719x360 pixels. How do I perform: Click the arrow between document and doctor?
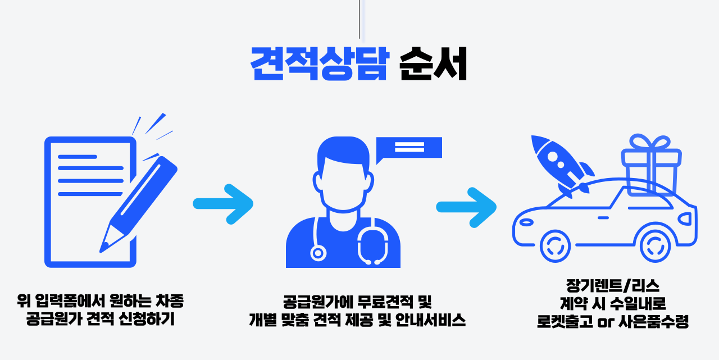tap(223, 203)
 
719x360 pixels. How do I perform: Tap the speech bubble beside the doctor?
tap(409, 147)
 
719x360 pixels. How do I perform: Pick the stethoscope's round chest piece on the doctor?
tap(318, 253)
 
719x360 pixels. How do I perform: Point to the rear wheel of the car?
tap(656, 245)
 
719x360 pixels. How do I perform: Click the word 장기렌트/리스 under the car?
tap(612, 286)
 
